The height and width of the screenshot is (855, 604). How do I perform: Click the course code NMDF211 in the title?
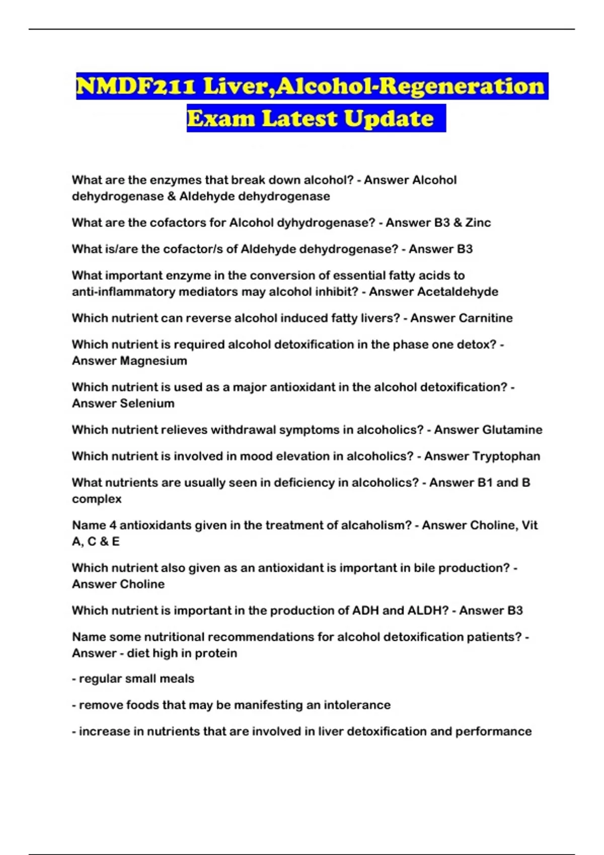136,86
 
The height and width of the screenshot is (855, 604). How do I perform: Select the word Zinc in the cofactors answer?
478,223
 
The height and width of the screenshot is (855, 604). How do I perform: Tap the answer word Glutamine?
512,430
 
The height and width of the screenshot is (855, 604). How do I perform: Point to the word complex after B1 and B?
97,499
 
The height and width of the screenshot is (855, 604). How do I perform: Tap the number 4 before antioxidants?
113,526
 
